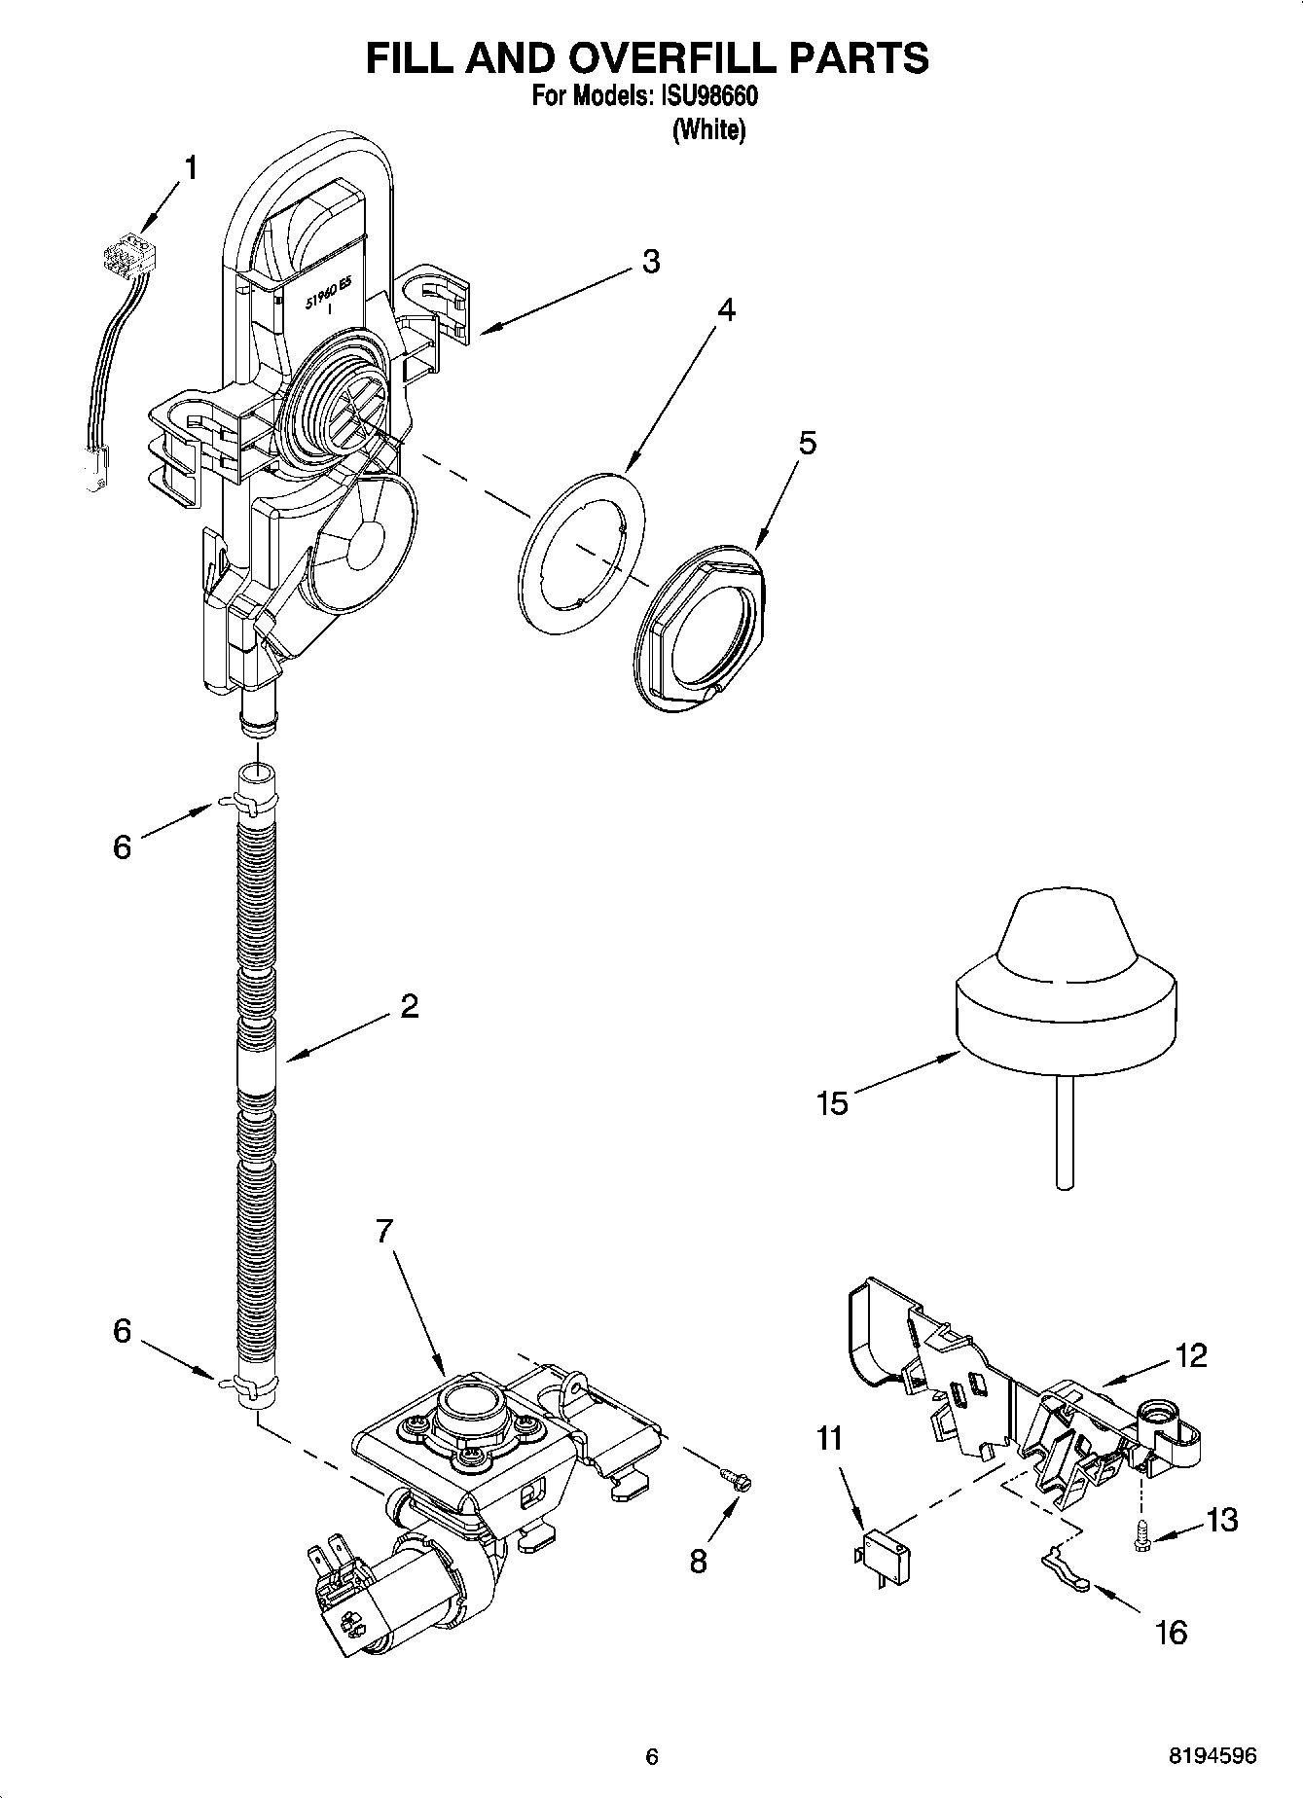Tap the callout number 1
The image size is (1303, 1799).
[191, 168]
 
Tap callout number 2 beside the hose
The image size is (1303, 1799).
[409, 1005]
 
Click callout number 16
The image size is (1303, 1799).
[1172, 1632]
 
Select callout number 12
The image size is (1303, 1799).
[1191, 1355]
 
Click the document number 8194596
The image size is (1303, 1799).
[1212, 1756]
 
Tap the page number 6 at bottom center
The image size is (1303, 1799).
[652, 1756]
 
